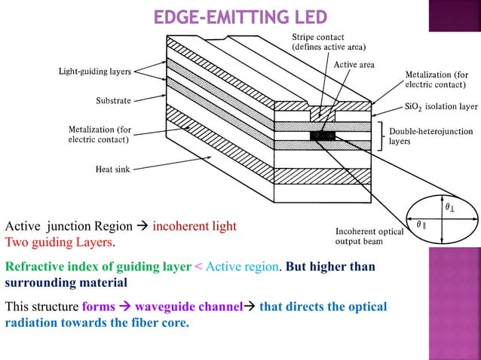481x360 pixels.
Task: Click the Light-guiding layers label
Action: [x=95, y=72]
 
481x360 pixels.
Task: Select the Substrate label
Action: [x=114, y=99]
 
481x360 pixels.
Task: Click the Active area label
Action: [x=354, y=65]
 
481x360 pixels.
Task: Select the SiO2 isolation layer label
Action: [x=441, y=107]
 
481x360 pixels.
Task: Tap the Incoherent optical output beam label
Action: [x=369, y=236]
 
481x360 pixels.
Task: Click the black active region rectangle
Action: [x=322, y=136]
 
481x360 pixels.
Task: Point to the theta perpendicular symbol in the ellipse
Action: [x=449, y=206]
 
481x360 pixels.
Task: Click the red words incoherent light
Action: [x=195, y=226]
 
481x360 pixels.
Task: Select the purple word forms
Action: [x=99, y=307]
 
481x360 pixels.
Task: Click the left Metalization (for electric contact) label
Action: [x=100, y=135]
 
